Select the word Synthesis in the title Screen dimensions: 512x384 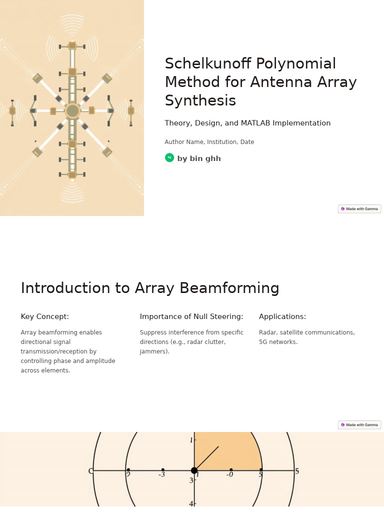200,100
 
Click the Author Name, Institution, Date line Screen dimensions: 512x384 209,142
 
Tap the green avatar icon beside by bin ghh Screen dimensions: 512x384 169,158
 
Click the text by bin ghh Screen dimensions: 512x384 199,158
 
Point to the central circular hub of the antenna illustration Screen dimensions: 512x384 72,110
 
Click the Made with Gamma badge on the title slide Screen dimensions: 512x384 359,209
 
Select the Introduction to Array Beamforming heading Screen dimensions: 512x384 150,288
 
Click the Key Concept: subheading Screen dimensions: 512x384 45,316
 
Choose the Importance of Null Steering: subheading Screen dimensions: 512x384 191,316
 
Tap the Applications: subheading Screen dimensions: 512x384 282,316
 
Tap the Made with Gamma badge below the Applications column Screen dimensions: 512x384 359,425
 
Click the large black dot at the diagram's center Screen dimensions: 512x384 194,470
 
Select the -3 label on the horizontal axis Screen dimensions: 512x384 161,474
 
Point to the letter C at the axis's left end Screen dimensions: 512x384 90,471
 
